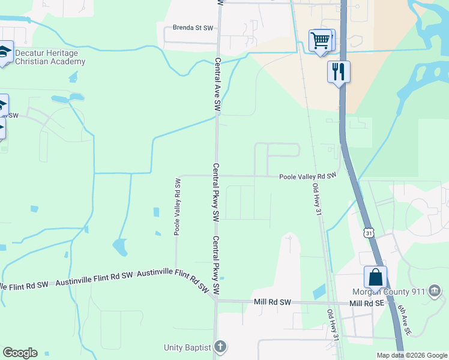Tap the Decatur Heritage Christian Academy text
tap(50, 57)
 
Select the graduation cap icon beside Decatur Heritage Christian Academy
tap(4, 52)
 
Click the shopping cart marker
tap(321, 40)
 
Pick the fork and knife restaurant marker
tap(339, 71)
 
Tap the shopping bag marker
tap(375, 278)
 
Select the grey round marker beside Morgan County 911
tap(435, 292)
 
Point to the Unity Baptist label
tap(188, 347)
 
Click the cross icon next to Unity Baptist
tap(220, 347)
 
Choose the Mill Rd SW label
tap(272, 302)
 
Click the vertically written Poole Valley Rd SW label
tap(178, 206)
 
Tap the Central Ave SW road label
tap(217, 84)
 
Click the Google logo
tap(20, 353)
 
